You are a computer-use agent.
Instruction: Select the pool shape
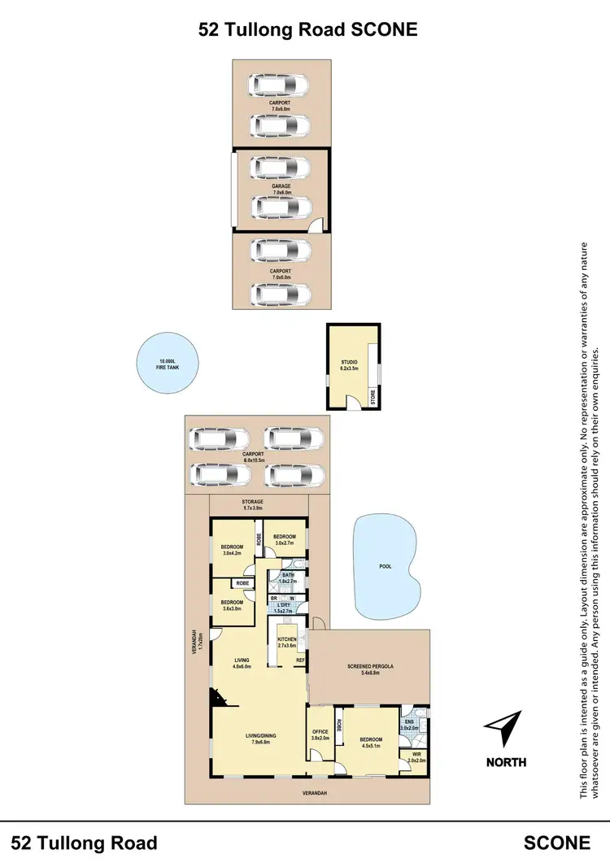(x=387, y=567)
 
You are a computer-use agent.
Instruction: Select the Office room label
(x=320, y=734)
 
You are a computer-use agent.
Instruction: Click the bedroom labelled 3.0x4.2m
(x=233, y=549)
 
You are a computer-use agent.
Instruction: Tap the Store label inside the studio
(x=373, y=397)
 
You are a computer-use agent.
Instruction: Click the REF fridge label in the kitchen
(x=300, y=660)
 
